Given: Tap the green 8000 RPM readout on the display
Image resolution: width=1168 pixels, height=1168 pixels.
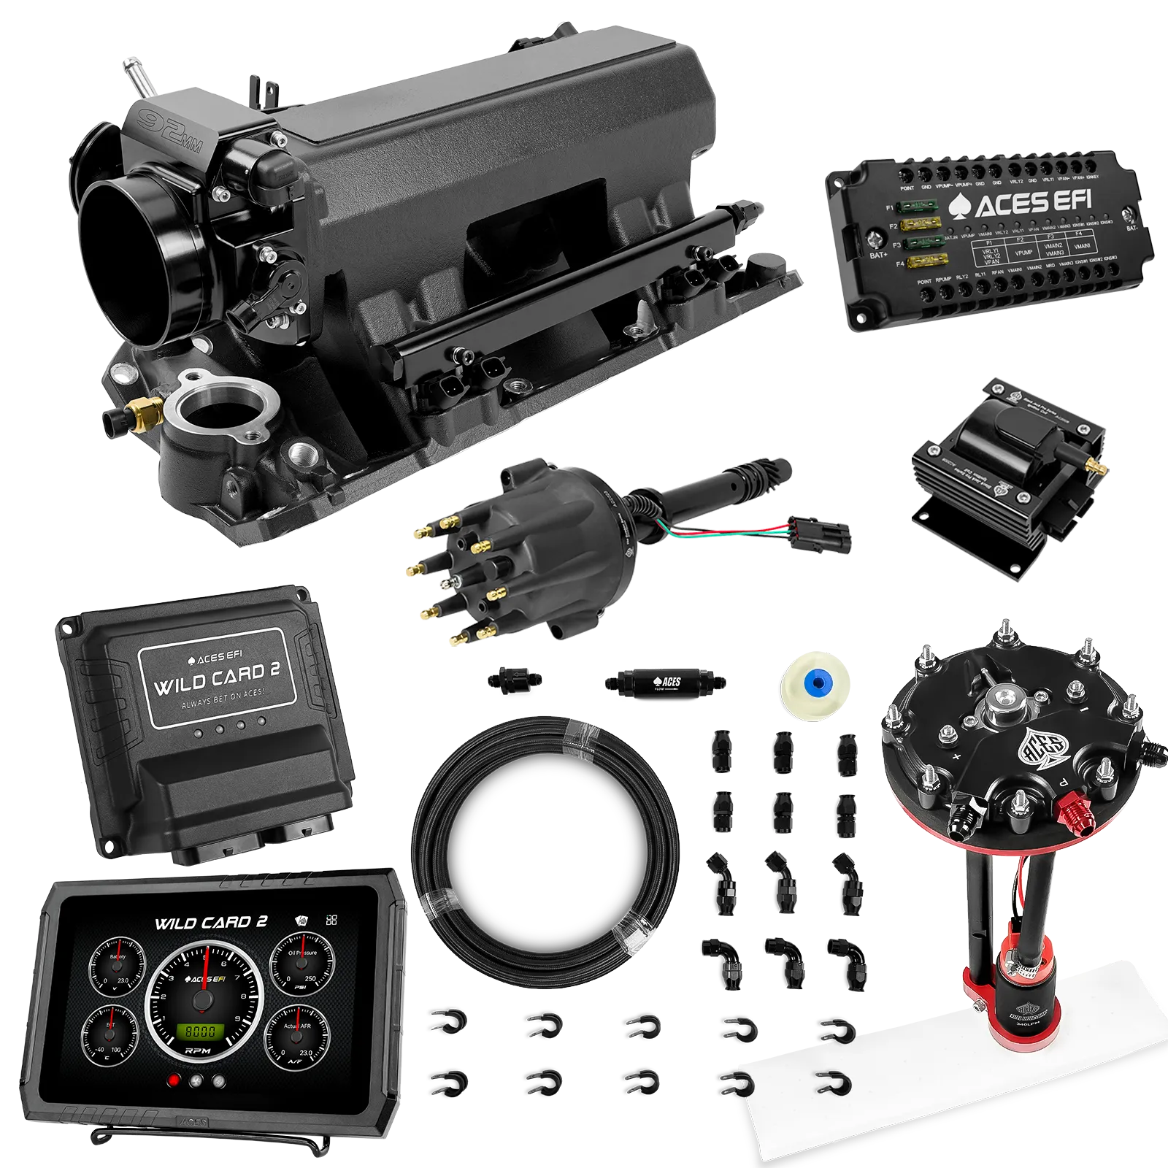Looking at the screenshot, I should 200,1031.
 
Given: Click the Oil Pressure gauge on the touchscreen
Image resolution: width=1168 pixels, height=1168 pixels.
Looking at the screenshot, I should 302,965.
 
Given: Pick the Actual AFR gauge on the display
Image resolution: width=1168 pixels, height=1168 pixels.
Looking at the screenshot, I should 298,1037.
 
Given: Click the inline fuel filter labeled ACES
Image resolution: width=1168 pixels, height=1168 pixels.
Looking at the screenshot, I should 664,683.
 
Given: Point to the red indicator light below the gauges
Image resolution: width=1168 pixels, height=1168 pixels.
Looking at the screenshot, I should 174,1081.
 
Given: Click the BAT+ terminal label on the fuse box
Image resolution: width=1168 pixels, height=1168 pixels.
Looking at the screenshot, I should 877,256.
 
